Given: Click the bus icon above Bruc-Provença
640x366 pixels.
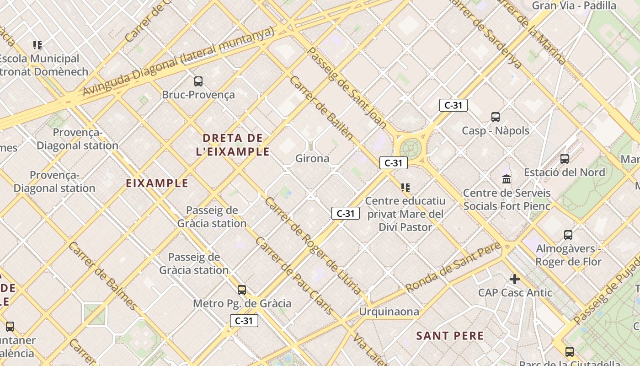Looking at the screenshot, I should pos(198,81).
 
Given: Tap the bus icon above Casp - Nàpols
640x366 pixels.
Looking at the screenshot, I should pos(496,117).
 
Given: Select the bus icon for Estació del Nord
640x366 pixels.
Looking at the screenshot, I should pos(565,159).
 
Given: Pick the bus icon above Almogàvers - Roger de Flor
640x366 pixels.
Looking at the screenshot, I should pos(568,235).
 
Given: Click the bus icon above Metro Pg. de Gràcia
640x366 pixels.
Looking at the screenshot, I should pos(242,290).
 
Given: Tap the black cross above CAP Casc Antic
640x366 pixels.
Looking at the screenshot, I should pos(515,279).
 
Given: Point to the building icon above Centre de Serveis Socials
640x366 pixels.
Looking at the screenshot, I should pos(507,179).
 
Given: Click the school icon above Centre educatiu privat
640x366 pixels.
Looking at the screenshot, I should pos(405,188).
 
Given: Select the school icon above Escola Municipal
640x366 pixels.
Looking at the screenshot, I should pos(37,45).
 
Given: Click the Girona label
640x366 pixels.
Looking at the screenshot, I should pos(312,159).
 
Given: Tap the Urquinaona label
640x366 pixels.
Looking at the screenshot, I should pos(389,312).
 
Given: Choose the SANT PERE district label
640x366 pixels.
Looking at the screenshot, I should pos(450,336).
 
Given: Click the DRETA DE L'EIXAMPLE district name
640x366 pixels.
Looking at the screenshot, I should pos(233,145).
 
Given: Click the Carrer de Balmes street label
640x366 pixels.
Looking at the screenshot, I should pos(103,276).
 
